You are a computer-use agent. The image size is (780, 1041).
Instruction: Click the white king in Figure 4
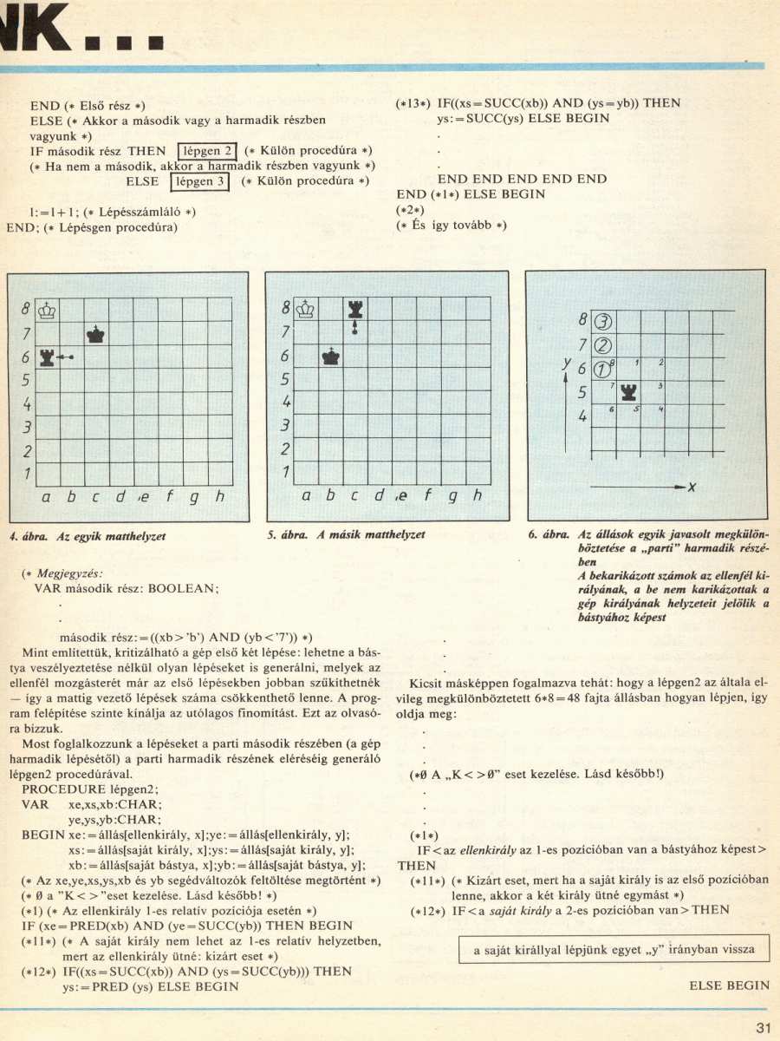49,309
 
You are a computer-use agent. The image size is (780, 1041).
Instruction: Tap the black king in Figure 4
95,333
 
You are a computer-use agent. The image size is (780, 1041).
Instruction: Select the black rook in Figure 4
49,357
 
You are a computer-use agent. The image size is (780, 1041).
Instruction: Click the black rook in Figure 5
354,309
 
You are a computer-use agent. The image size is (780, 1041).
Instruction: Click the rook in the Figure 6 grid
627,391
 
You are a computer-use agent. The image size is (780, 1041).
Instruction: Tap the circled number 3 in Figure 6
604,321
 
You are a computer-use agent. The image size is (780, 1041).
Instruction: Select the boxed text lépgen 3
198,181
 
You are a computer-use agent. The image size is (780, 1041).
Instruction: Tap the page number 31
763,1029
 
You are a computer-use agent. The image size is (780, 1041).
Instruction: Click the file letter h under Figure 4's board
221,497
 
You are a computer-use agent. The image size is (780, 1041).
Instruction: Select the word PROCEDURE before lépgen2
60,790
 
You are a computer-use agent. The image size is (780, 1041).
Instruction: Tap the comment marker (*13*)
413,103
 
